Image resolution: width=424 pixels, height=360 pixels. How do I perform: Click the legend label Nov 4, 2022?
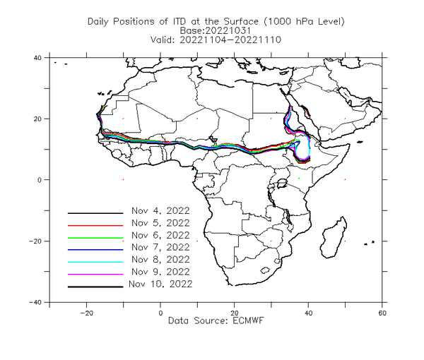160,210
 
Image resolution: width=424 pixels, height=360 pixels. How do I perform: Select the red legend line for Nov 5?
95,225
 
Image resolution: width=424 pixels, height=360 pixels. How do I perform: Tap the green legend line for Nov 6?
95,238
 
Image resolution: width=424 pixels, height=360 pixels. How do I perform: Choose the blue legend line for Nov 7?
95,250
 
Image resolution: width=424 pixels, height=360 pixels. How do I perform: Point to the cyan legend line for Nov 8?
95,262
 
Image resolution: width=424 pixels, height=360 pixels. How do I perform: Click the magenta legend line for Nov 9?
95,275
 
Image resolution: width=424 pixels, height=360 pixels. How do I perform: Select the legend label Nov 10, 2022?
160,284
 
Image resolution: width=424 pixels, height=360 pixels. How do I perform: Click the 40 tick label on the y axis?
37,58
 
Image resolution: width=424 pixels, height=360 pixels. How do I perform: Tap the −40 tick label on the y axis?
35,302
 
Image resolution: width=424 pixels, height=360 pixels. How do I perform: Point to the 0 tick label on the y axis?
40,180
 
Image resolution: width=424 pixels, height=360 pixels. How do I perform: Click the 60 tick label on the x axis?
382,313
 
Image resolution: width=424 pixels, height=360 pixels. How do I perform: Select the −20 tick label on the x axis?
86,313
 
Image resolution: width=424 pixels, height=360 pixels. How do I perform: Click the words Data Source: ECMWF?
216,320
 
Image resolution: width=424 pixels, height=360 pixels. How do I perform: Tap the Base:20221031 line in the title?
216,30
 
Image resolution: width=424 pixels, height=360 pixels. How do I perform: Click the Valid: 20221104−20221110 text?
216,40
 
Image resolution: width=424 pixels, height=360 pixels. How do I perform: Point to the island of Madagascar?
334,238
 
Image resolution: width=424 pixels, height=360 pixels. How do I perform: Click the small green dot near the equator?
299,179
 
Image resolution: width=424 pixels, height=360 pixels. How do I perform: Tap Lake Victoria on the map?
282,183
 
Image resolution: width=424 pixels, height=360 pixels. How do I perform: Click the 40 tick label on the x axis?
308,313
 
